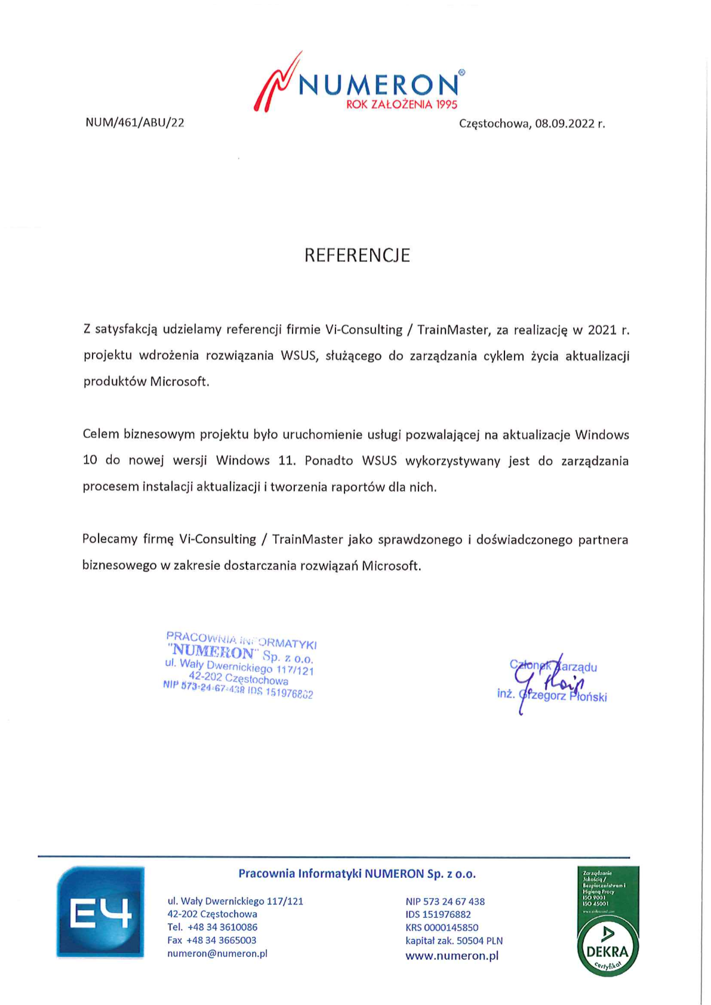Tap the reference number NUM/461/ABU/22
point(135,122)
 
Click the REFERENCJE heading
point(357,255)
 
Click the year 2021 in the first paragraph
point(602,329)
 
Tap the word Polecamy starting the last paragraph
point(110,540)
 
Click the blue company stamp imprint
point(239,665)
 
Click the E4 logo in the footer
point(100,911)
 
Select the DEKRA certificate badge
point(608,921)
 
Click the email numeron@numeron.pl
point(217,953)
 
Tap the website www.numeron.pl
point(452,955)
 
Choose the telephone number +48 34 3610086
point(222,927)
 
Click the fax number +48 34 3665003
point(221,940)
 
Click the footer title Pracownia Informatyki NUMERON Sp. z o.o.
point(357,874)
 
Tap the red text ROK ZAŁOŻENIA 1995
point(402,104)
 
